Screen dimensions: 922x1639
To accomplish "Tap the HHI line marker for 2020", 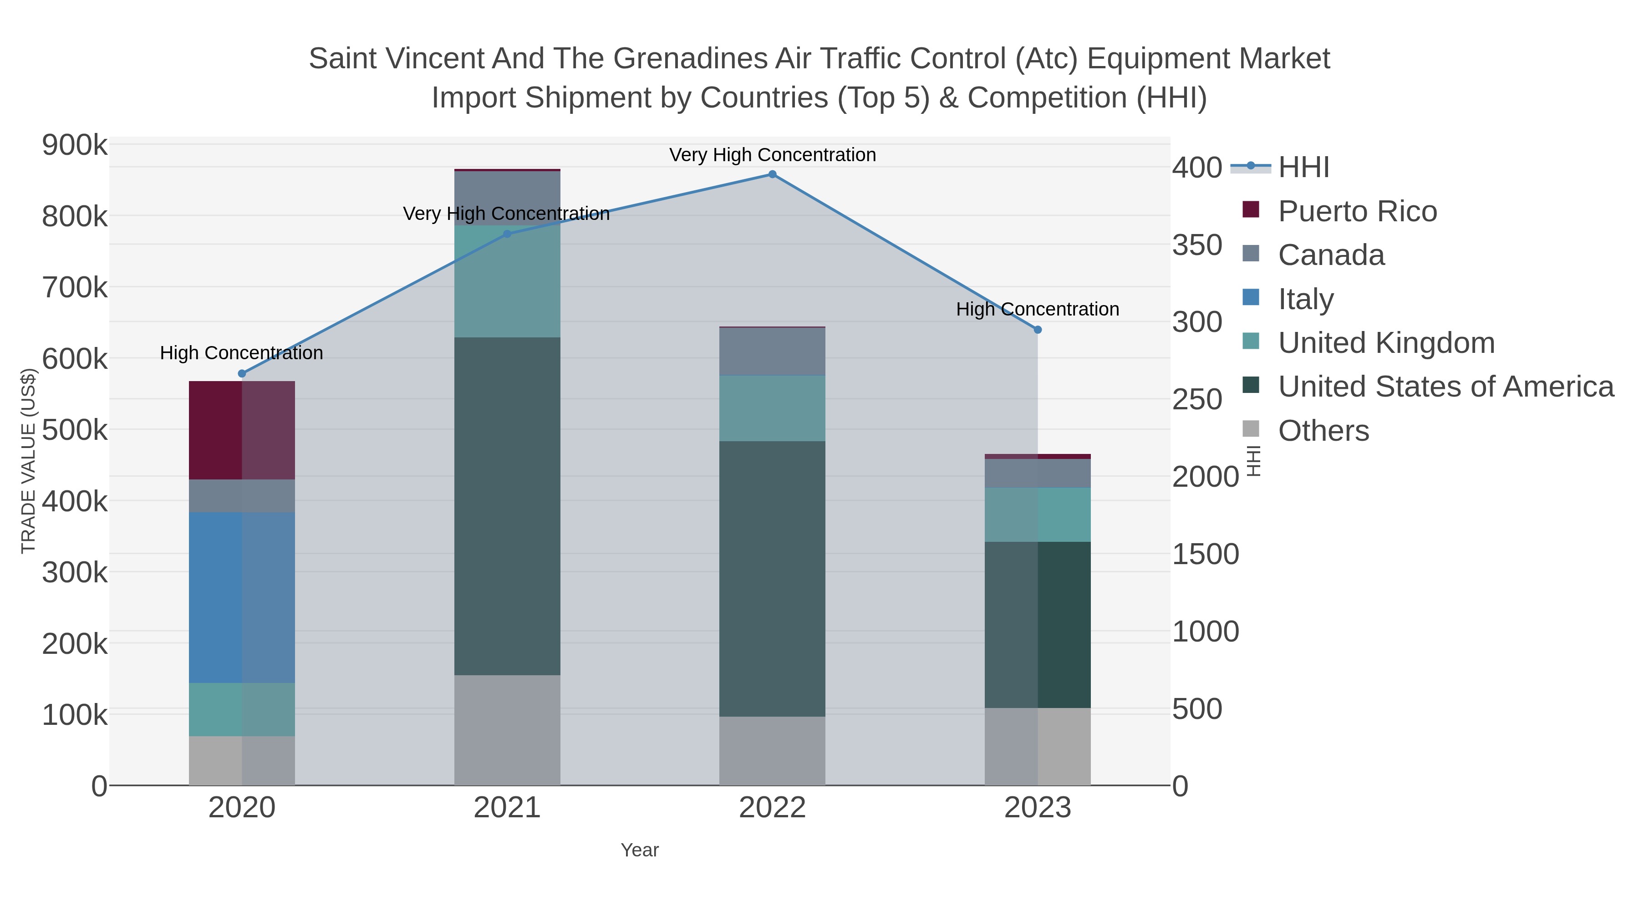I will [x=242, y=373].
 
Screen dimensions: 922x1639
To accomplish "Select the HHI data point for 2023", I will [x=1037, y=330].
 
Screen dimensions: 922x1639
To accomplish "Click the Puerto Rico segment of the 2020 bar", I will [x=242, y=430].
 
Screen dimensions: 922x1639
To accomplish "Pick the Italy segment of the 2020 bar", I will [x=242, y=597].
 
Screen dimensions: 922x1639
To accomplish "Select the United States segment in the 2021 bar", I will [x=507, y=506].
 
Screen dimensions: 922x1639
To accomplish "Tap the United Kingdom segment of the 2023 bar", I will [x=1037, y=515].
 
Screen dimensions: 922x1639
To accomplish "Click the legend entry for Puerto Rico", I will [x=1357, y=211].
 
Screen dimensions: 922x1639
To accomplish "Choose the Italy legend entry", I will [x=1306, y=299].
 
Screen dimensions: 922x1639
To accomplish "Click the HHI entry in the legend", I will [x=1303, y=168].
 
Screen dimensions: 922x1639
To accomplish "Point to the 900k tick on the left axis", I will [x=75, y=146].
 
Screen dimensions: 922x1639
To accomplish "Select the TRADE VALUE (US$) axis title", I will [x=29, y=461].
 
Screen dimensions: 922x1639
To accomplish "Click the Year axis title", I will [x=640, y=850].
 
